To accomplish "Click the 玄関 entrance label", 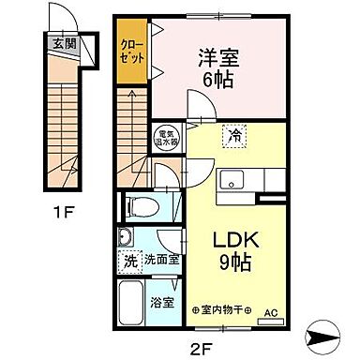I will tap(64, 41).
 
